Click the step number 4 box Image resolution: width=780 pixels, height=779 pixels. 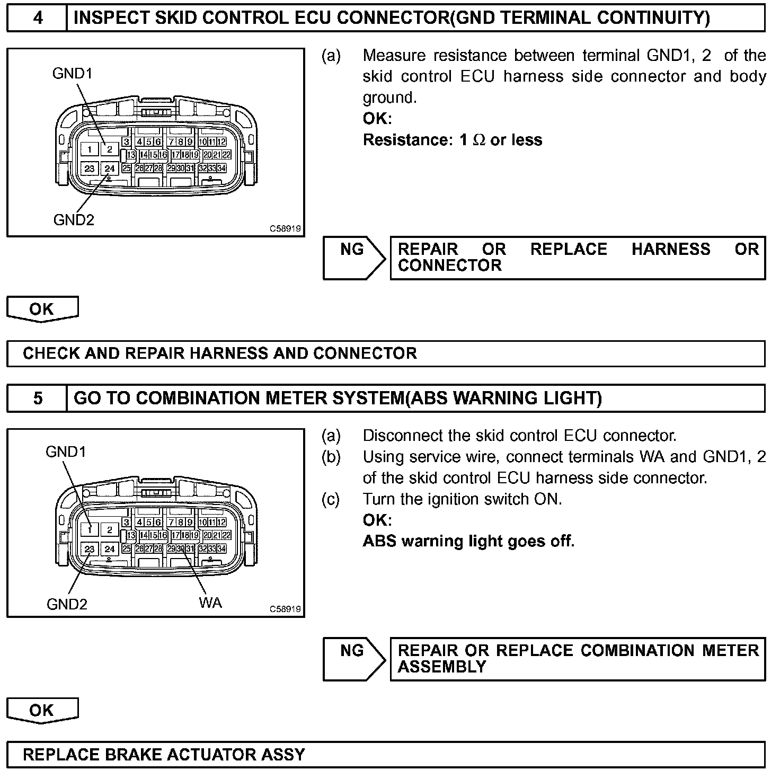point(37,19)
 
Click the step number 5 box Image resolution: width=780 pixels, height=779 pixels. point(37,398)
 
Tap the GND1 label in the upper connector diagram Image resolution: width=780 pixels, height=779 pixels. point(72,74)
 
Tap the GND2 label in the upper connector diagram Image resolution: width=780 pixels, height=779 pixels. point(73,219)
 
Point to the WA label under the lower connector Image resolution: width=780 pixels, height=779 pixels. point(210,603)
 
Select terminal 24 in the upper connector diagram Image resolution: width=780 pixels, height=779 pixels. point(110,169)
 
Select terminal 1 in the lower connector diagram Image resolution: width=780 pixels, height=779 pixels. point(90,529)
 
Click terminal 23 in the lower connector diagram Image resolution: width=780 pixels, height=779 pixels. point(90,548)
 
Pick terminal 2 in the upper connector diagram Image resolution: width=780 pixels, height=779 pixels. point(110,149)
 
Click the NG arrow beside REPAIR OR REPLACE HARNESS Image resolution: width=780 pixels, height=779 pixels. point(353,258)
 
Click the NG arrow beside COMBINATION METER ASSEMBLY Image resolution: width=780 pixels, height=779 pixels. point(353,659)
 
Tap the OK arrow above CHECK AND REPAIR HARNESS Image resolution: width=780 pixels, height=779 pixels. point(42,309)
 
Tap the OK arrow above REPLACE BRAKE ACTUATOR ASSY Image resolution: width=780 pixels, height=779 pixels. point(42,710)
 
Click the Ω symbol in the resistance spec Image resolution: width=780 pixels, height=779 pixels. point(479,140)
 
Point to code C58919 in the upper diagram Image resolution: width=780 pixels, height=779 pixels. point(285,229)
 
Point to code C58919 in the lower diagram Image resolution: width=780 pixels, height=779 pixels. point(285,609)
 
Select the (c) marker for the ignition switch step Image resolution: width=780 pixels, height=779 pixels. point(331,499)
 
